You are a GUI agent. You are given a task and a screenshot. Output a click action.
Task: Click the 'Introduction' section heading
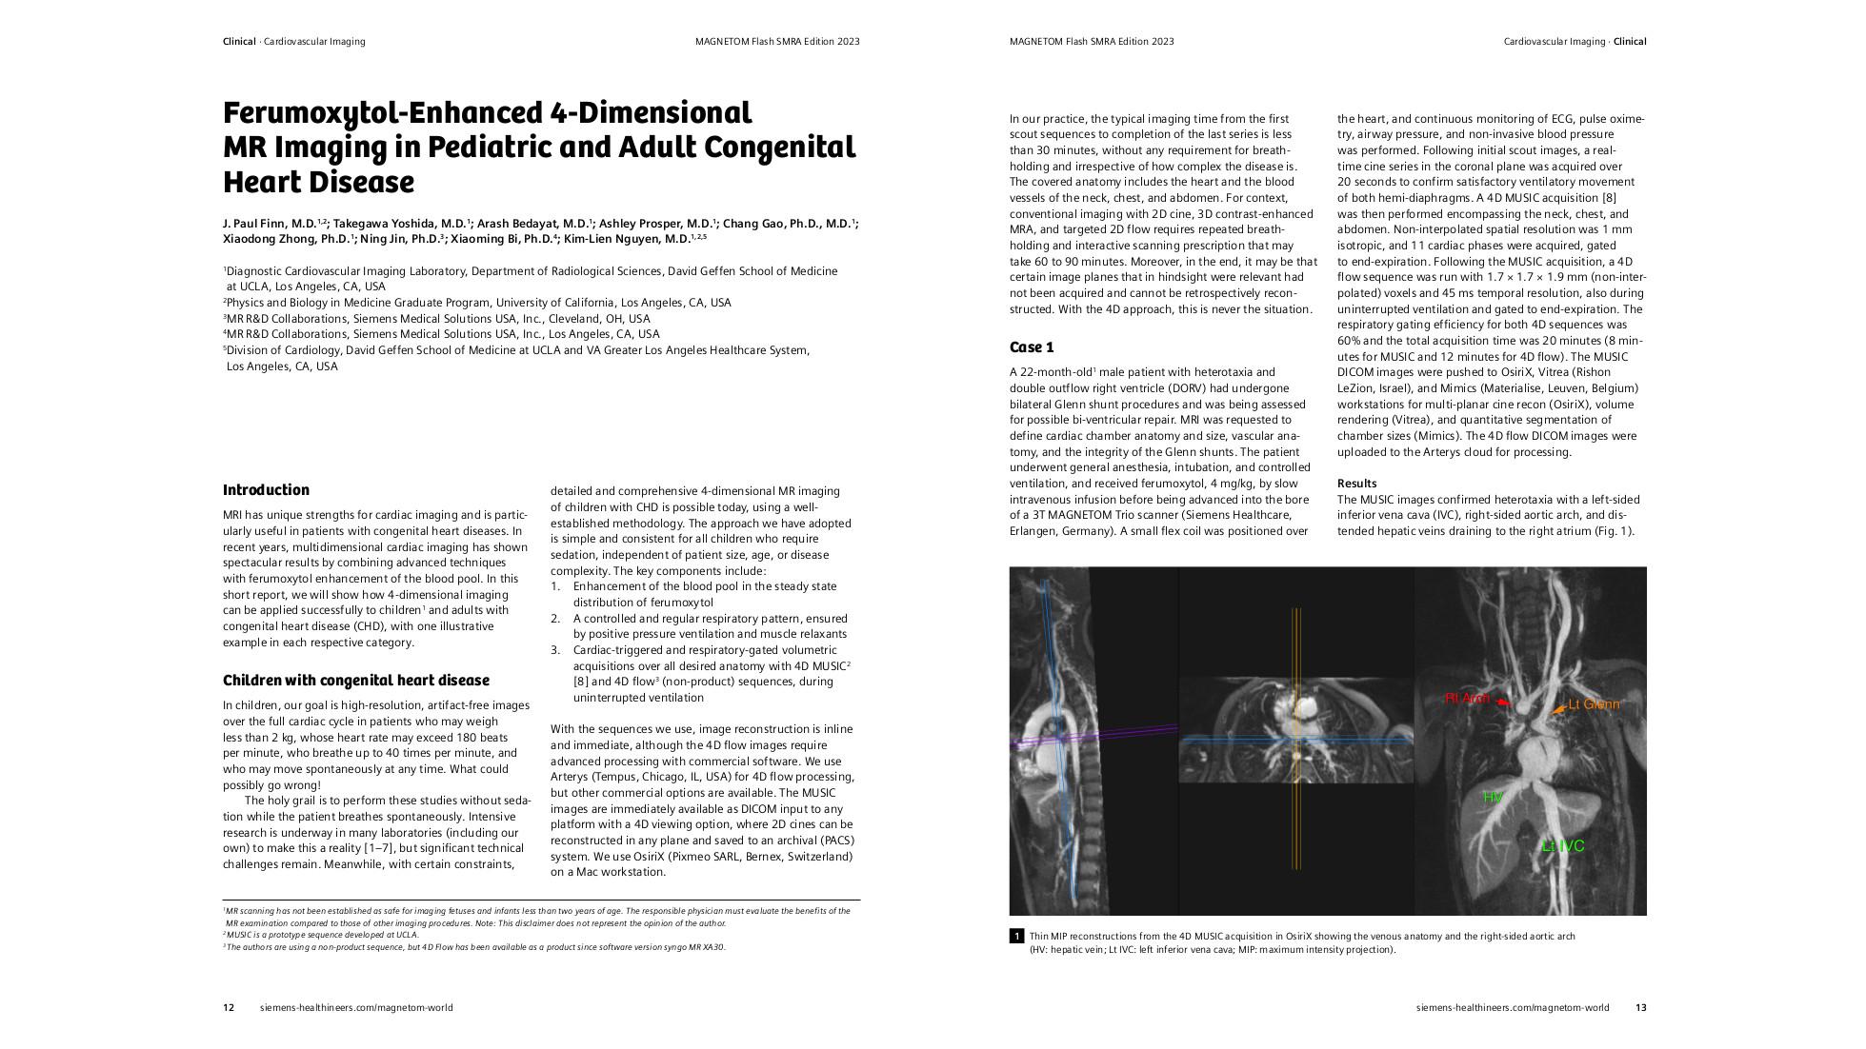point(266,490)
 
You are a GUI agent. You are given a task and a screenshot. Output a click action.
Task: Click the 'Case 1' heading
point(1032,347)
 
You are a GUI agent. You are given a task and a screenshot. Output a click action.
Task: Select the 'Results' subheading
point(1356,484)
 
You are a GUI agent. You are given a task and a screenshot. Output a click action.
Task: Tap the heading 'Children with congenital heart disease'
point(355,681)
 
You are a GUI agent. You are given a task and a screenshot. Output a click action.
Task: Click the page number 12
point(229,1008)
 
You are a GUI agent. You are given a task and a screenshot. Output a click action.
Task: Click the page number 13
point(1640,1008)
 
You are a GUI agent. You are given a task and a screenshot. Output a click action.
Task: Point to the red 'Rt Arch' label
point(1466,699)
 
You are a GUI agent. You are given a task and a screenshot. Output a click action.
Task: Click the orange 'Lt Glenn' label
point(1594,705)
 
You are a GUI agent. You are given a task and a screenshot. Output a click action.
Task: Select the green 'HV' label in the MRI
point(1492,797)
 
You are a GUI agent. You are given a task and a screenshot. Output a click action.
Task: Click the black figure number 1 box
point(1016,937)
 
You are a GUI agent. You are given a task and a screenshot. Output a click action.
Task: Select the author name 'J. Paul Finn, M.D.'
point(270,224)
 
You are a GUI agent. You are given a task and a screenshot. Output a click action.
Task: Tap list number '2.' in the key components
point(555,619)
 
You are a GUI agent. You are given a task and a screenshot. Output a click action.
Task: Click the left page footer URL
point(356,1008)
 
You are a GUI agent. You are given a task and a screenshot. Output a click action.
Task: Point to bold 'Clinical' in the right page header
point(1630,42)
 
